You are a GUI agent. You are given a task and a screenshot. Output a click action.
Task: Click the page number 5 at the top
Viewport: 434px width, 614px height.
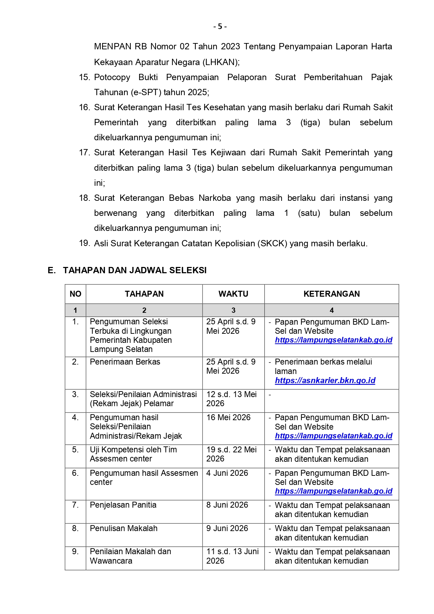pos(220,27)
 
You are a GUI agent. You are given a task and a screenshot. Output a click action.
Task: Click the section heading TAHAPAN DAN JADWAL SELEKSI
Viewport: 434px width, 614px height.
pos(135,270)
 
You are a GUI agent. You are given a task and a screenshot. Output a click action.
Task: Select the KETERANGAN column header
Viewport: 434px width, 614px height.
pos(331,294)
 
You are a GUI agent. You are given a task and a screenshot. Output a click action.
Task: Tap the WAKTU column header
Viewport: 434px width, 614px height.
pos(233,294)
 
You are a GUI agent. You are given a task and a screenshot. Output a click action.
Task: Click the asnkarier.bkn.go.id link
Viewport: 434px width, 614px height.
pos(325,381)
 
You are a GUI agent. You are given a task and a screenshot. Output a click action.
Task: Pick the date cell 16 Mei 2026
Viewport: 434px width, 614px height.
pos(228,418)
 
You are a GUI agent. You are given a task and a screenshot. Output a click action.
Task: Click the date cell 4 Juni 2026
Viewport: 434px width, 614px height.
pos(227,473)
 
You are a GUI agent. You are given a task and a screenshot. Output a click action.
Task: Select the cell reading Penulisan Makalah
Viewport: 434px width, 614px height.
pos(123,529)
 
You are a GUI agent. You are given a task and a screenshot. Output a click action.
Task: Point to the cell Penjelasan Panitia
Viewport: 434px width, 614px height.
pos(123,505)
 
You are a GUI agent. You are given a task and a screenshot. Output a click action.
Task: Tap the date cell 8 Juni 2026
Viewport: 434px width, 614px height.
pos(227,505)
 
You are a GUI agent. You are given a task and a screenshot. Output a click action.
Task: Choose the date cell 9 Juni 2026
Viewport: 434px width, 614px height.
pos(227,529)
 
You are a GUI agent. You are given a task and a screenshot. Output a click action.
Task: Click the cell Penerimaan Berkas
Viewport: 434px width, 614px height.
pos(125,362)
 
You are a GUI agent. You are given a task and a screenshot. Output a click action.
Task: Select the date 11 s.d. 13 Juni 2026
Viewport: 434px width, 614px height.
pos(232,556)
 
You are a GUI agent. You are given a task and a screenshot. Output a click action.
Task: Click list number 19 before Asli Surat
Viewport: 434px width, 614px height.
pos(84,244)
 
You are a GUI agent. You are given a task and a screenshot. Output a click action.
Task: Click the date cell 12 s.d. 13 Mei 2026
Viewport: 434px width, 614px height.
pos(231,399)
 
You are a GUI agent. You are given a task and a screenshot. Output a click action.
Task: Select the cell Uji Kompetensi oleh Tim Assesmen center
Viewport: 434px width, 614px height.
pos(133,454)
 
